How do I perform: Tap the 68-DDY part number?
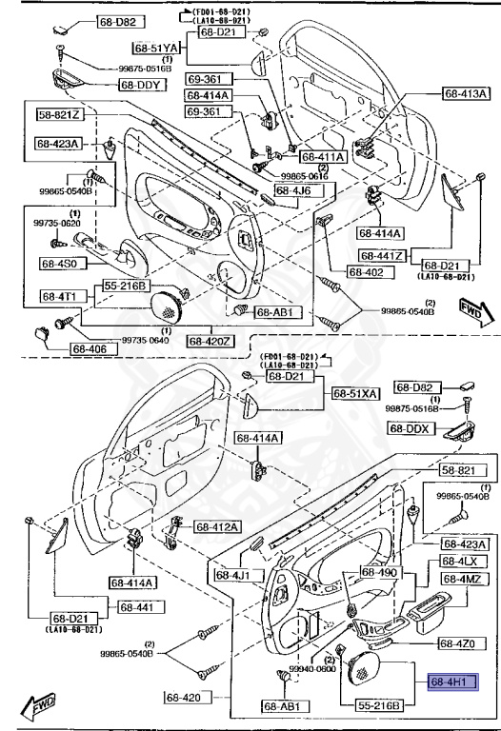click(x=143, y=85)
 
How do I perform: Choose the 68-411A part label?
click(x=324, y=156)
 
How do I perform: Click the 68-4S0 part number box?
click(x=63, y=263)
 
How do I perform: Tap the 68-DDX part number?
click(x=412, y=428)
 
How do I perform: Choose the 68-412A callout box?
click(x=218, y=526)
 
